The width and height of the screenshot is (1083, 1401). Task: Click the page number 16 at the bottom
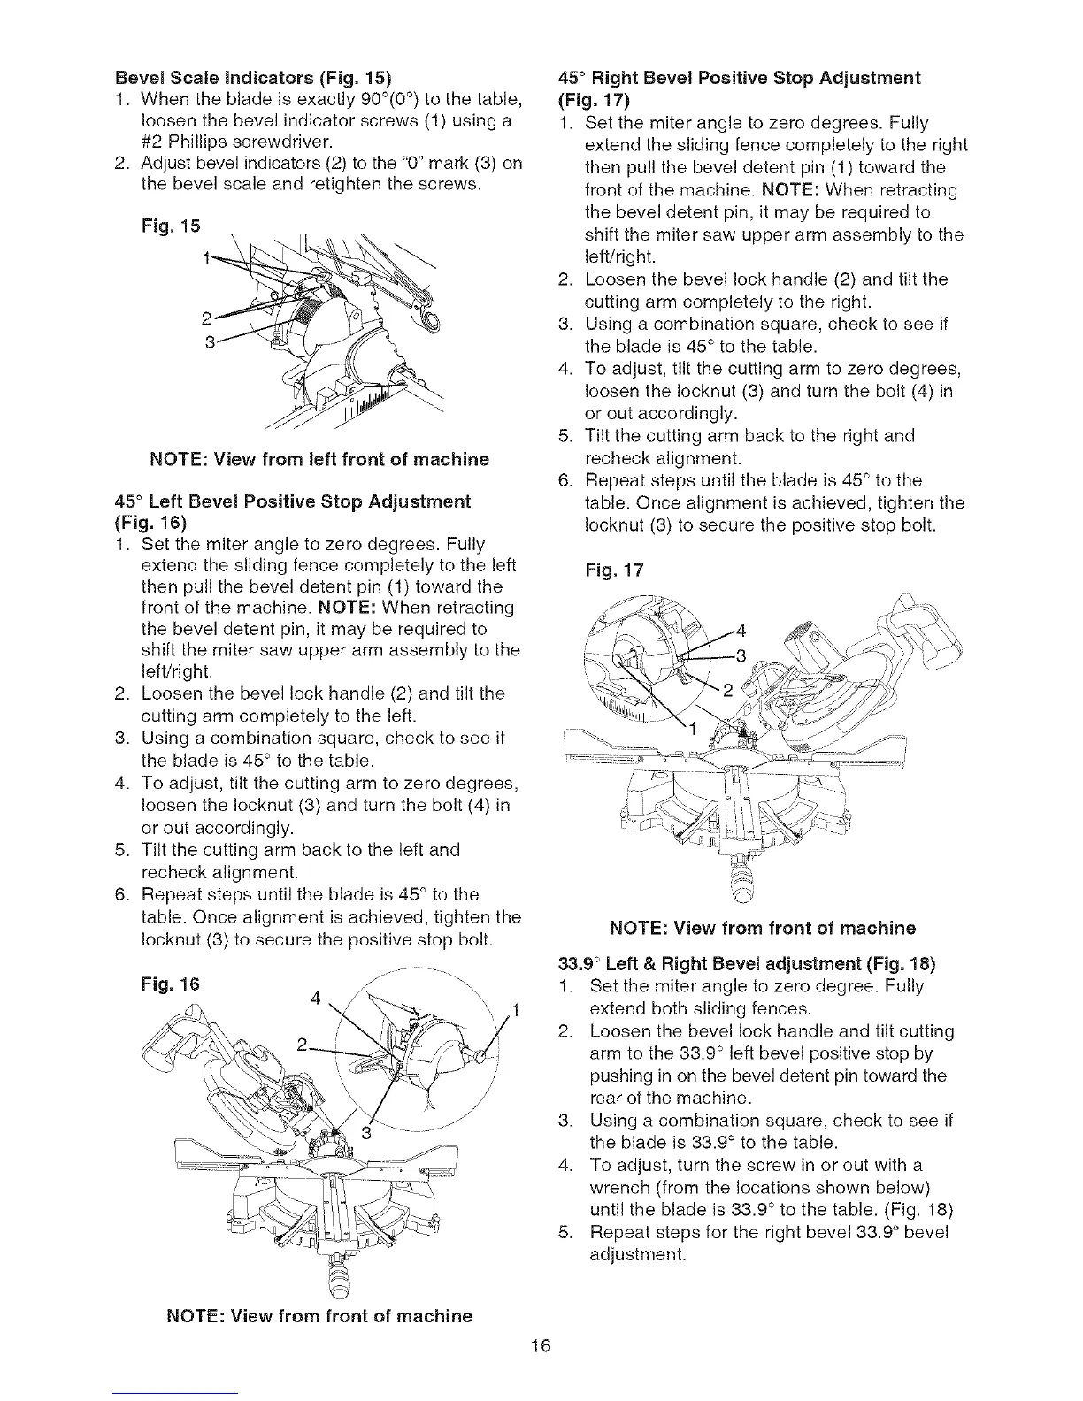[x=541, y=1347]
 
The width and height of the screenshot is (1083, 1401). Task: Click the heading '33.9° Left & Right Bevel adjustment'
[x=748, y=963]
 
